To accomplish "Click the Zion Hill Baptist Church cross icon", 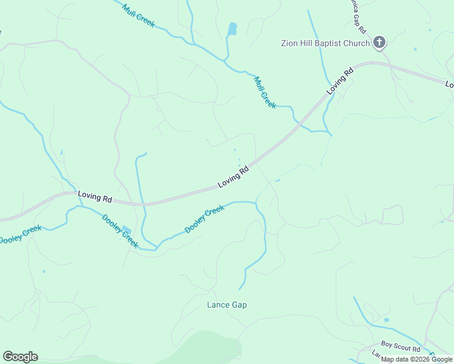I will coord(379,42).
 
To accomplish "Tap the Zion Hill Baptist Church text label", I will coord(325,43).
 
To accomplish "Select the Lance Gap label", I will coord(227,305).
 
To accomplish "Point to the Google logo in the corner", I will coord(20,357).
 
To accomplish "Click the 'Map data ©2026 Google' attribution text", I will coord(416,360).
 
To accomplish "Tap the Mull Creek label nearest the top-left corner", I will coord(138,16).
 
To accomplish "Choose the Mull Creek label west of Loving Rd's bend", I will coord(265,92).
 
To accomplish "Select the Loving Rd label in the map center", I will coord(234,177).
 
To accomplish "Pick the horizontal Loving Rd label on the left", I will coord(95,198).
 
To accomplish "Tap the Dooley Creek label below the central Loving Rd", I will coord(205,219).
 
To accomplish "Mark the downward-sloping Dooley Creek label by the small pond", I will coord(120,231).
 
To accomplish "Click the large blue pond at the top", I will coord(232,29).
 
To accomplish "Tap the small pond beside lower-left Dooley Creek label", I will coord(126,230).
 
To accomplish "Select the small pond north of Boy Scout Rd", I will coord(386,320).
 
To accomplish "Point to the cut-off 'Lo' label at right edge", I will coord(449,84).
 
